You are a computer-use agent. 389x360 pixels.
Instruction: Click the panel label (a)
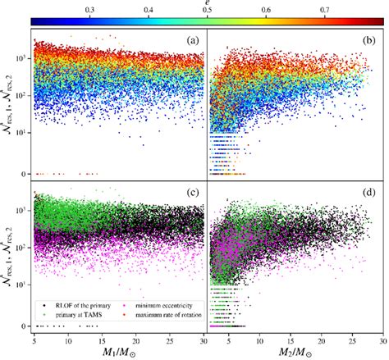190,40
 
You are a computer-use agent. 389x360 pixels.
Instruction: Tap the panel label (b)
367,40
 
